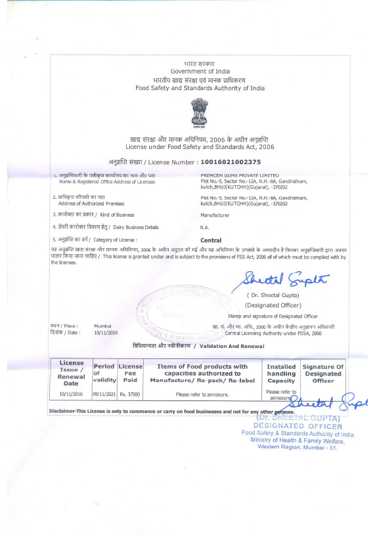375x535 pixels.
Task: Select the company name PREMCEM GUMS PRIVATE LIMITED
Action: click(x=240, y=176)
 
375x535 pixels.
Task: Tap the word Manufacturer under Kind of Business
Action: click(x=215, y=214)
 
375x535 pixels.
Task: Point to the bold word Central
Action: click(x=211, y=240)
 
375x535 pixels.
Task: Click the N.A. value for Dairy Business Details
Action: click(x=205, y=227)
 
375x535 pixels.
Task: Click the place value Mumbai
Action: click(x=103, y=326)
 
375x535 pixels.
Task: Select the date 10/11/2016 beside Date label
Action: click(x=105, y=333)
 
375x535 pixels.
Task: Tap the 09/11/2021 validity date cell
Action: click(x=104, y=395)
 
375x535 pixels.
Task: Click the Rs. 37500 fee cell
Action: click(x=130, y=395)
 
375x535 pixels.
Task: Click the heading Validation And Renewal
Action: click(x=229, y=345)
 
